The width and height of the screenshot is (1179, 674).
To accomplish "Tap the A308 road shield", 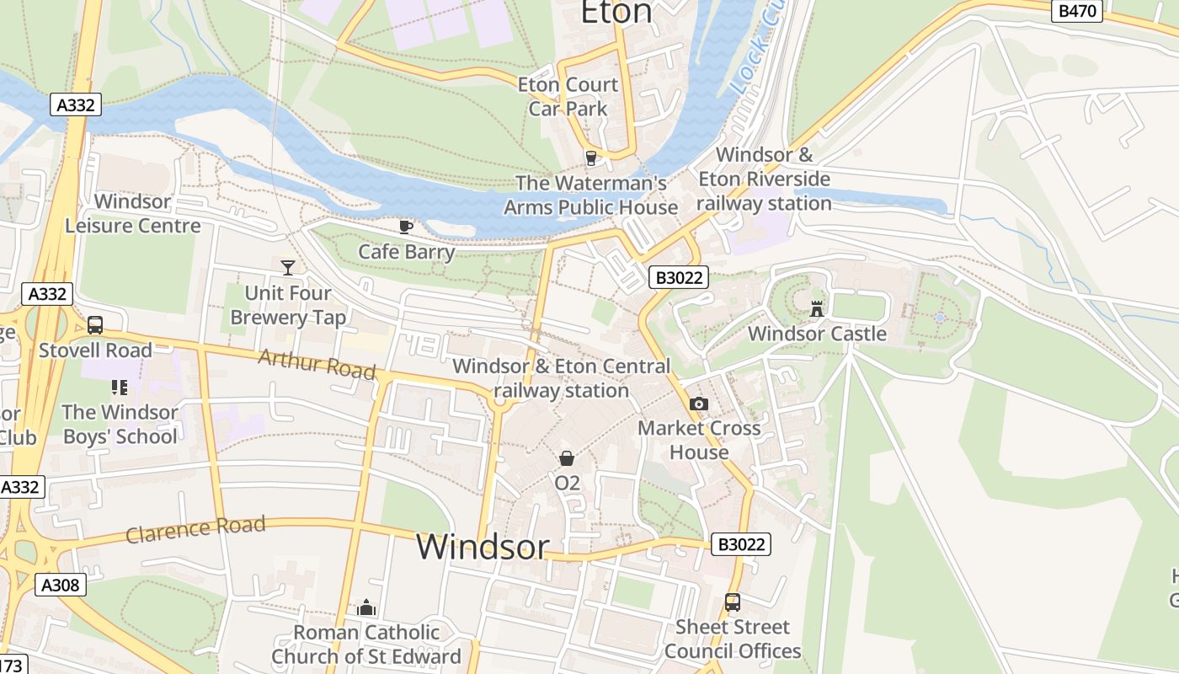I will click(x=61, y=585).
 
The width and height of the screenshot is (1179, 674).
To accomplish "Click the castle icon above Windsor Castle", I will click(x=816, y=309).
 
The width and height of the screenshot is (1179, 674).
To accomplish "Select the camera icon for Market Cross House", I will click(x=698, y=404).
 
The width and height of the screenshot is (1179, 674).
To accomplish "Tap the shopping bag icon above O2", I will click(x=567, y=458).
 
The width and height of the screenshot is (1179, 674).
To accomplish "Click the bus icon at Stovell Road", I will click(x=95, y=325).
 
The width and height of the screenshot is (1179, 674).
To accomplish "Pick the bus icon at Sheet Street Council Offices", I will click(x=733, y=602).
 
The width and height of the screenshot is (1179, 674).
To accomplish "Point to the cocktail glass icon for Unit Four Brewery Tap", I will click(x=288, y=268).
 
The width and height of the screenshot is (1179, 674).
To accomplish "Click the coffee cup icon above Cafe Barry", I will click(x=406, y=227).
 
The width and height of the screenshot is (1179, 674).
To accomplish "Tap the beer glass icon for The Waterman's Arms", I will click(x=590, y=158).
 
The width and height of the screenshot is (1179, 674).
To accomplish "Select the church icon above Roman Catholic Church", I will click(x=366, y=607).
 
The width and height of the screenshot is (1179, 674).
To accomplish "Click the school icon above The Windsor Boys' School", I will click(x=119, y=388).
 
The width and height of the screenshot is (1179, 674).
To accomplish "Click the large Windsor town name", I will click(x=483, y=547).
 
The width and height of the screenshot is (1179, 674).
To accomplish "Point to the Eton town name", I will click(x=616, y=13).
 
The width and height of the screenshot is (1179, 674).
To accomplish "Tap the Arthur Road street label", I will click(x=317, y=364).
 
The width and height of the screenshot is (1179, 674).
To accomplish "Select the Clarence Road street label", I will click(x=195, y=529).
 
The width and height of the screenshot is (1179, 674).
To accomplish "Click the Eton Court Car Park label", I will click(x=568, y=96).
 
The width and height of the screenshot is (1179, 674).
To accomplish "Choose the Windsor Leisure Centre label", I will click(x=133, y=214).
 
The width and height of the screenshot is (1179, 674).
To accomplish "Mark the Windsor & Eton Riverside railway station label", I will click(x=764, y=179).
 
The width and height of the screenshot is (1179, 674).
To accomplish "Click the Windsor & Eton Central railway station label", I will click(x=562, y=378).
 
